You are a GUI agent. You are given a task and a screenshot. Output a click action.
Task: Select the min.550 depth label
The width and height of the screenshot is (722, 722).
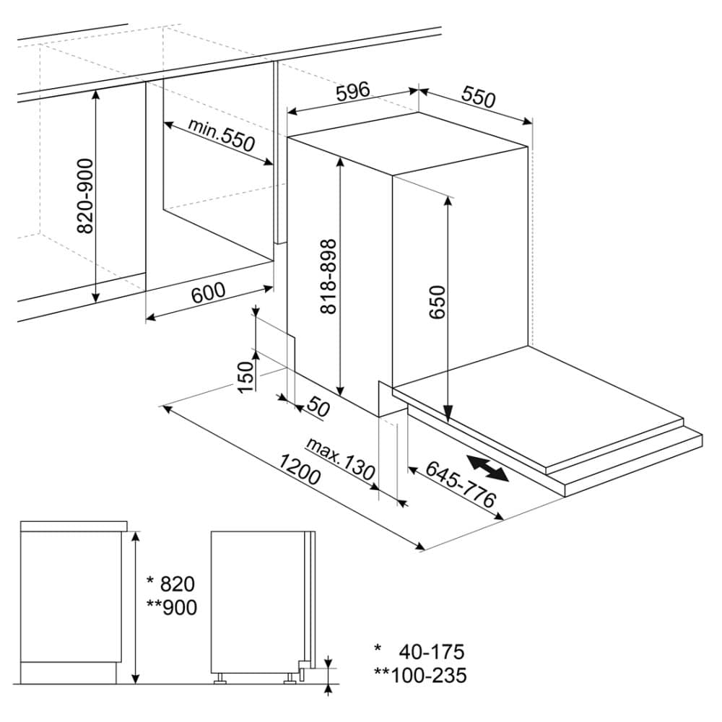tap(222, 134)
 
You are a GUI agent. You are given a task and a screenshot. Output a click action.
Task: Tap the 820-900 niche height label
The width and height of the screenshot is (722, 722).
tap(85, 196)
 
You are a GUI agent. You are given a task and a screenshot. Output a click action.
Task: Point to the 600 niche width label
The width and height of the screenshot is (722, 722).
tap(208, 292)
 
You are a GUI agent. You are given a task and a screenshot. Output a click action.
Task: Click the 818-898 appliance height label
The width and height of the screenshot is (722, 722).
tap(329, 277)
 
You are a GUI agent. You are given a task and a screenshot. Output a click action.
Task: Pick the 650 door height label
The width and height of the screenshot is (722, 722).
tap(438, 302)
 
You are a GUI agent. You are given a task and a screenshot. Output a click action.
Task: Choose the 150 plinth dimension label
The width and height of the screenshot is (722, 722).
tap(245, 377)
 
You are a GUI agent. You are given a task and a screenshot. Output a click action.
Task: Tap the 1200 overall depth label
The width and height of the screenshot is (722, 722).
tap(300, 470)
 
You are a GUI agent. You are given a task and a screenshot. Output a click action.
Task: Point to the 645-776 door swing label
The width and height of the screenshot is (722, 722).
tap(461, 484)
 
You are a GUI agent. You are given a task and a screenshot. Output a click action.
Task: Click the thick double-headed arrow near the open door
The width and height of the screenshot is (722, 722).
tap(487, 468)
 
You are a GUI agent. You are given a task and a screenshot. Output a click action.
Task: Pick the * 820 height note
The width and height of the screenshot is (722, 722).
tap(170, 584)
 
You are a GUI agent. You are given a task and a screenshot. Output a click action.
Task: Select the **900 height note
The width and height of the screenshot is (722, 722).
tap(171, 607)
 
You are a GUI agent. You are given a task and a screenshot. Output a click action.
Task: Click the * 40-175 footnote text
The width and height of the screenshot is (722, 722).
tap(419, 651)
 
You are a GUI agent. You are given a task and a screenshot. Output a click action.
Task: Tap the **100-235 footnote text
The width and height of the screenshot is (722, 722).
tap(420, 676)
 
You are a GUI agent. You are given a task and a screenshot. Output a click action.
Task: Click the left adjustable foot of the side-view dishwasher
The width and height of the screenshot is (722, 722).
tap(219, 678)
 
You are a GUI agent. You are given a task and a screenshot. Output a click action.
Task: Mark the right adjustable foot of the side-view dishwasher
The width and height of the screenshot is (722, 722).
tap(290, 678)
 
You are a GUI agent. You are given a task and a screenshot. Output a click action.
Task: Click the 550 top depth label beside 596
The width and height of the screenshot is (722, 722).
tap(479, 97)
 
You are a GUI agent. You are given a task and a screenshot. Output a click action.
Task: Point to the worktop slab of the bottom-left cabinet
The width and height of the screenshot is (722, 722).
tap(74, 526)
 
